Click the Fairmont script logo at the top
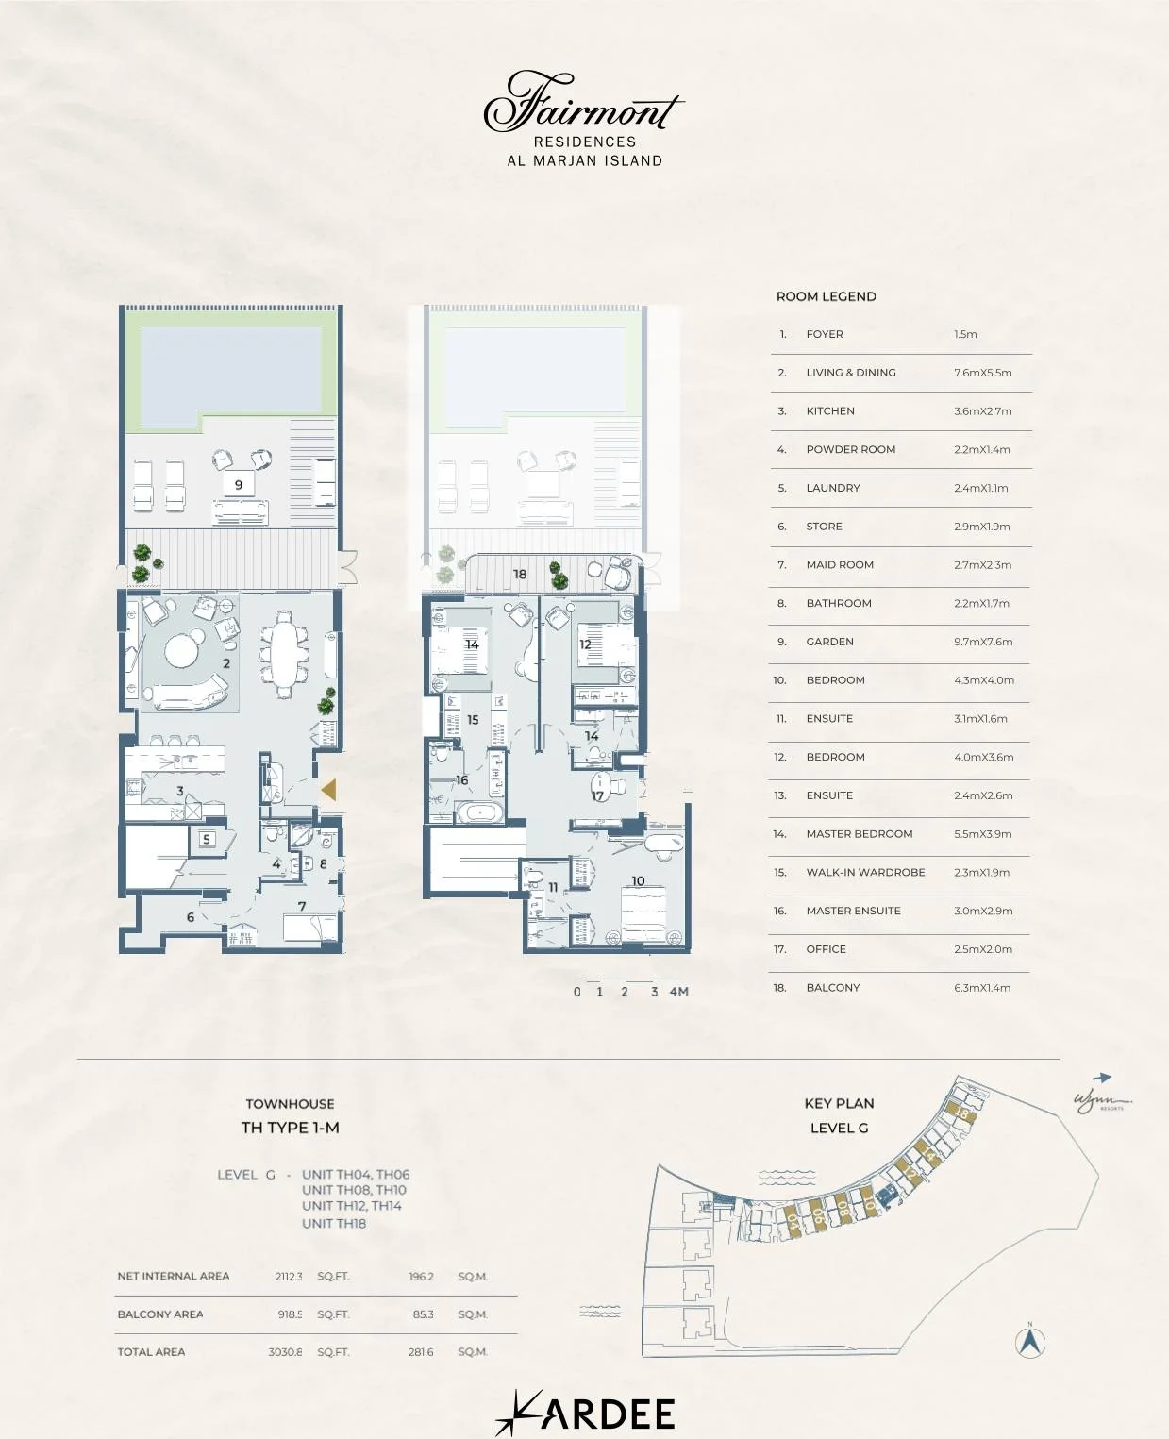point(583,103)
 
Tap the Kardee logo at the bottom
point(585,1413)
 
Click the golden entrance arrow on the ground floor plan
point(328,790)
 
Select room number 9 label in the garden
point(239,484)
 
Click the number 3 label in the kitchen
point(179,791)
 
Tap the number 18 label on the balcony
point(519,574)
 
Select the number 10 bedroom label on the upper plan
point(638,881)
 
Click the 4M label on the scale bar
point(678,992)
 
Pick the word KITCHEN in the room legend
point(830,411)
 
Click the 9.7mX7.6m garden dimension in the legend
point(983,642)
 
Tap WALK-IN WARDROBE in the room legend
point(865,873)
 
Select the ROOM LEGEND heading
point(826,296)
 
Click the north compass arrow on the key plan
point(1030,1341)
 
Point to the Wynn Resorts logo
point(1101,1100)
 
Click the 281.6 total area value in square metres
point(421,1352)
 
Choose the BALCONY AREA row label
point(160,1314)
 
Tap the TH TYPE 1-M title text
point(290,1128)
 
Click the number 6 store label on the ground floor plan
point(191,917)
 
